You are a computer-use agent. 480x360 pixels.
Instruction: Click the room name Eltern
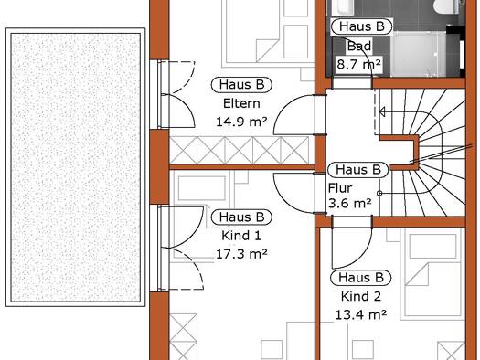click(241, 103)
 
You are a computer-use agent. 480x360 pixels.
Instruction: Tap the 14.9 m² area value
click(241, 122)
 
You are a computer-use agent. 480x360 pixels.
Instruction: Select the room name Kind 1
click(241, 236)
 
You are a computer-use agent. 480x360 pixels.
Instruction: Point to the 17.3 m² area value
click(241, 254)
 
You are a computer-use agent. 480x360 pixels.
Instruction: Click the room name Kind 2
click(361, 296)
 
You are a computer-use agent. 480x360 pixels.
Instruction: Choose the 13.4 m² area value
click(361, 314)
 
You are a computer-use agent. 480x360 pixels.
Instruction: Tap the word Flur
click(340, 188)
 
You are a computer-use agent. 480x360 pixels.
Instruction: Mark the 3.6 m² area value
click(350, 203)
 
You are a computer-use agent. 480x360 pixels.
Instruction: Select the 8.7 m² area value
click(359, 64)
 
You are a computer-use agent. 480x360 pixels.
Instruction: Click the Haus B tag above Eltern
click(241, 85)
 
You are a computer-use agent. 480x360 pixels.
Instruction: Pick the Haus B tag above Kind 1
click(241, 217)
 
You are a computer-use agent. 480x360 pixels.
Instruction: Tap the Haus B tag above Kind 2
click(361, 278)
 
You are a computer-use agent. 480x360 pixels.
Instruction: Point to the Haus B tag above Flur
click(357, 169)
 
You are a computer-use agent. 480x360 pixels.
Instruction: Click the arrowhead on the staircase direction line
click(382, 112)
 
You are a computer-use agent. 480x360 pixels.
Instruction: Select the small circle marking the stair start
click(379, 194)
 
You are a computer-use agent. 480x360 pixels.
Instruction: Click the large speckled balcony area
click(76, 167)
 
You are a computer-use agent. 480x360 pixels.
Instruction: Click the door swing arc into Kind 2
click(359, 257)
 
